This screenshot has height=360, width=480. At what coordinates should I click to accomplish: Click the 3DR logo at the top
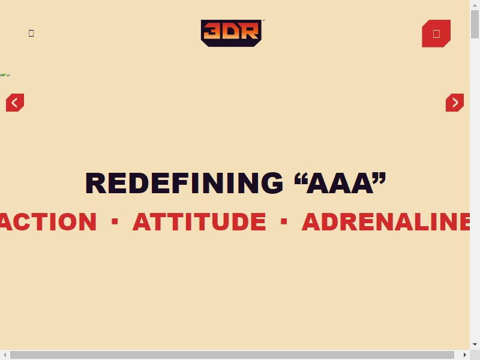(x=231, y=33)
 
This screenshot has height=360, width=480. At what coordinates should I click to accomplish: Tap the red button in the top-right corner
(x=436, y=34)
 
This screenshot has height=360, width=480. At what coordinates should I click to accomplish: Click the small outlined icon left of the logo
(x=31, y=33)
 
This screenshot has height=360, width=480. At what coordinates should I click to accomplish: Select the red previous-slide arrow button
(x=15, y=103)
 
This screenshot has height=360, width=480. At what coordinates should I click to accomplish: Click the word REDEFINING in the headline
(x=184, y=183)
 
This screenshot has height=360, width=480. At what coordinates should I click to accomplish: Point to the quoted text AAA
(x=340, y=183)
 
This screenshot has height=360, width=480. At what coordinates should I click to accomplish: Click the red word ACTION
(x=48, y=221)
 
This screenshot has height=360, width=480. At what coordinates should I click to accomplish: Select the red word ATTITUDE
(x=199, y=221)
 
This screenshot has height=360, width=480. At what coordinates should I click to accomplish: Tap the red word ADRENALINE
(x=386, y=221)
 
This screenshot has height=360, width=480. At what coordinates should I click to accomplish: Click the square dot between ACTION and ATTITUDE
(x=115, y=221)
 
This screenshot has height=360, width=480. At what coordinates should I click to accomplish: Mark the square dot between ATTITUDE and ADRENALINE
(x=284, y=221)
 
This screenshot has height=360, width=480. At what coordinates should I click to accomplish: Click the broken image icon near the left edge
(x=5, y=74)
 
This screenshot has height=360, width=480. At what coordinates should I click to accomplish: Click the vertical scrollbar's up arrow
(x=475, y=5)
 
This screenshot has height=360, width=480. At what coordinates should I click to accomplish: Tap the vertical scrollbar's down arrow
(x=475, y=344)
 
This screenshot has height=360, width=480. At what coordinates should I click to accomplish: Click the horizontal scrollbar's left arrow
(x=5, y=355)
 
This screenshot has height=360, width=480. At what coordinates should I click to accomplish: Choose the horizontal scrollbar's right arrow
(x=464, y=355)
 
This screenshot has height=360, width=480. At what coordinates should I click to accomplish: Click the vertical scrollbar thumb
(x=475, y=24)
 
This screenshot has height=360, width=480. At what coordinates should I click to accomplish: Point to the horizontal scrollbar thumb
(x=232, y=355)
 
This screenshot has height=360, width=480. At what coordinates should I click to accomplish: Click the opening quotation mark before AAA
(x=301, y=179)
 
